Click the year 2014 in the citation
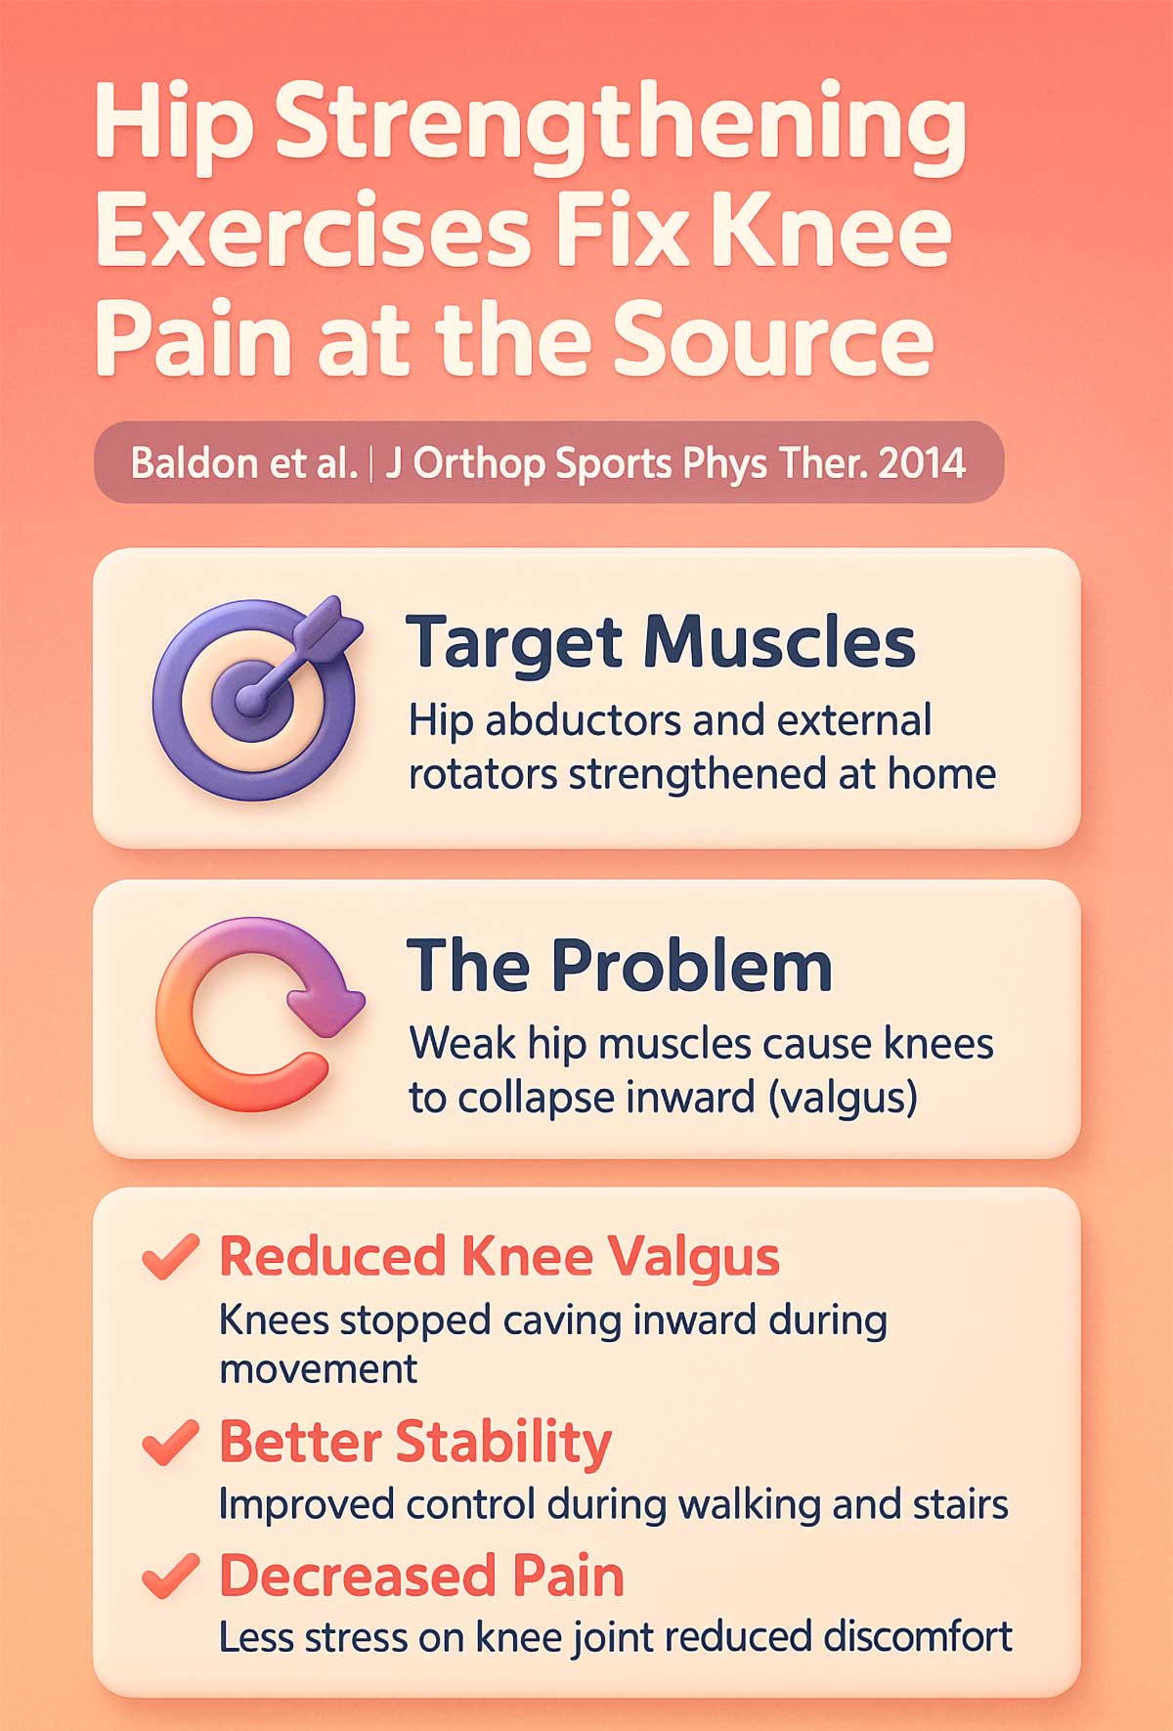point(922,462)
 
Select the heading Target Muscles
point(661,642)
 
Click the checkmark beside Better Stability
point(170,1443)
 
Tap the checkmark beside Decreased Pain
point(170,1575)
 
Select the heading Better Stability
point(415,1442)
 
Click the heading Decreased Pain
point(421,1575)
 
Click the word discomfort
point(917,1636)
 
